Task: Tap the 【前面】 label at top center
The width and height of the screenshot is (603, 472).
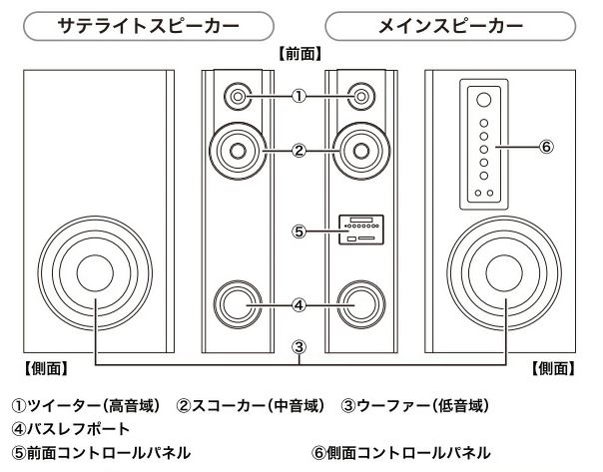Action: (x=301, y=51)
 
